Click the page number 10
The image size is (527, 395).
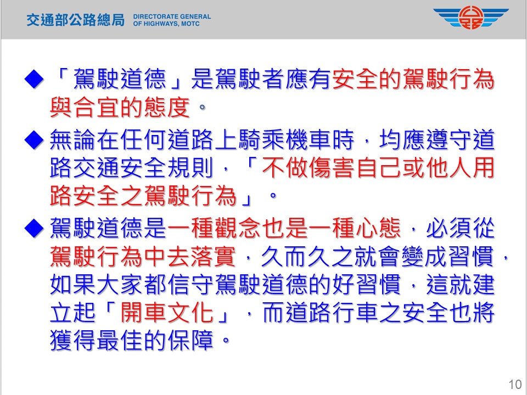coord(514,384)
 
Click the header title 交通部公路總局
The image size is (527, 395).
coord(76,20)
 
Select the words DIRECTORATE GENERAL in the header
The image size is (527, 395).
coord(172,16)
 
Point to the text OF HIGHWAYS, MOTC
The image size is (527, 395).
coord(166,24)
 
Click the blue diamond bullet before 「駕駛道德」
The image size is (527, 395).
coord(34,79)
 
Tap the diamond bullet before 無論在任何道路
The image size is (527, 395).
coord(34,139)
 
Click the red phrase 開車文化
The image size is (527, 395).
coord(167,312)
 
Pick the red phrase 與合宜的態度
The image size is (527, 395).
coord(120,108)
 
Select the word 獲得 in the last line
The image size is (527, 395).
coord(73,340)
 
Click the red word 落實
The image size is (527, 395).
coord(214,256)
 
